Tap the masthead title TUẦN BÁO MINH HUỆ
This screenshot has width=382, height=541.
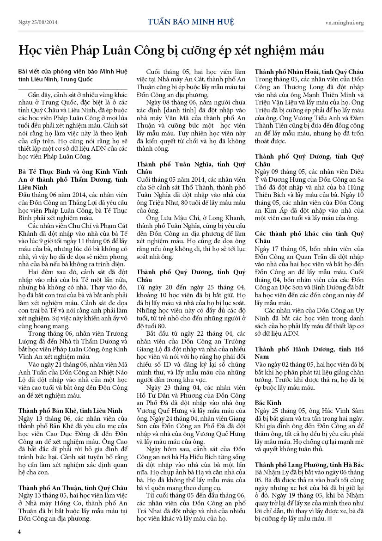pos(191,22)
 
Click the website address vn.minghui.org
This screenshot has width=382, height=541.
pos(344,22)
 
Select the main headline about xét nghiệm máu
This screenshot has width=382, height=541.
pos(171,50)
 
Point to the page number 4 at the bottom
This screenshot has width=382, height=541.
pos(19,531)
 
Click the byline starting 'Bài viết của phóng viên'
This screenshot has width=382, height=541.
pos(70,75)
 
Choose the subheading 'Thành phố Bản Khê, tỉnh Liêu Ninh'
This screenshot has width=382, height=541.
pos(70,410)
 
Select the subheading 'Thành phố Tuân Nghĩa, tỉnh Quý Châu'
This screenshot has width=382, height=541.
pos(191,167)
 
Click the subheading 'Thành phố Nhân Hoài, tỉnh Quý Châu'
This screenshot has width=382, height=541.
pos(309,72)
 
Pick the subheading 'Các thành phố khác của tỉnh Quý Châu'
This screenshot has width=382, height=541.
pos(309,237)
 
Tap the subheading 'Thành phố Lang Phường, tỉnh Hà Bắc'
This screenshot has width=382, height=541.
pos(309,464)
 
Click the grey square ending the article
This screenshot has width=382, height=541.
pos(329,518)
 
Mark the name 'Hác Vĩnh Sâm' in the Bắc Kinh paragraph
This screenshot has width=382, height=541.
pos(341,411)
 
